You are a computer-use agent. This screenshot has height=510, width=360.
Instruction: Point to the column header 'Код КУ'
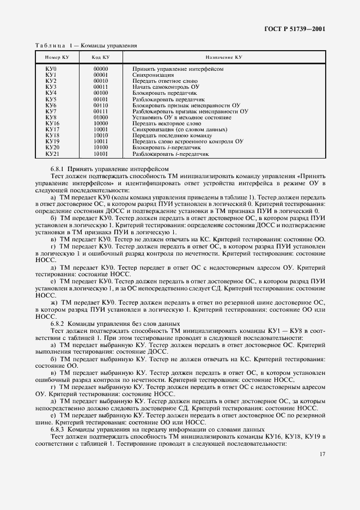pyautogui.click(x=101, y=57)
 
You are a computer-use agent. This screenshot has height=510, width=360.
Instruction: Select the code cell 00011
pyautogui.click(x=101, y=87)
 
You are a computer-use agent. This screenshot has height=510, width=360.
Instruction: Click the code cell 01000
pyautogui.click(x=101, y=118)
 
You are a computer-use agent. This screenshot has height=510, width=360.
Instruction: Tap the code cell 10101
pyautogui.click(x=101, y=154)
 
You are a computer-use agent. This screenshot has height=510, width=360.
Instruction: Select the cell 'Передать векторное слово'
pyautogui.click(x=167, y=124)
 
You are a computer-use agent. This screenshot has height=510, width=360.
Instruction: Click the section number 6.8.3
pyautogui.click(x=58, y=429)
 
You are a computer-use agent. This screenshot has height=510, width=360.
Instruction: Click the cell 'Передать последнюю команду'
pyautogui.click(x=170, y=136)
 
